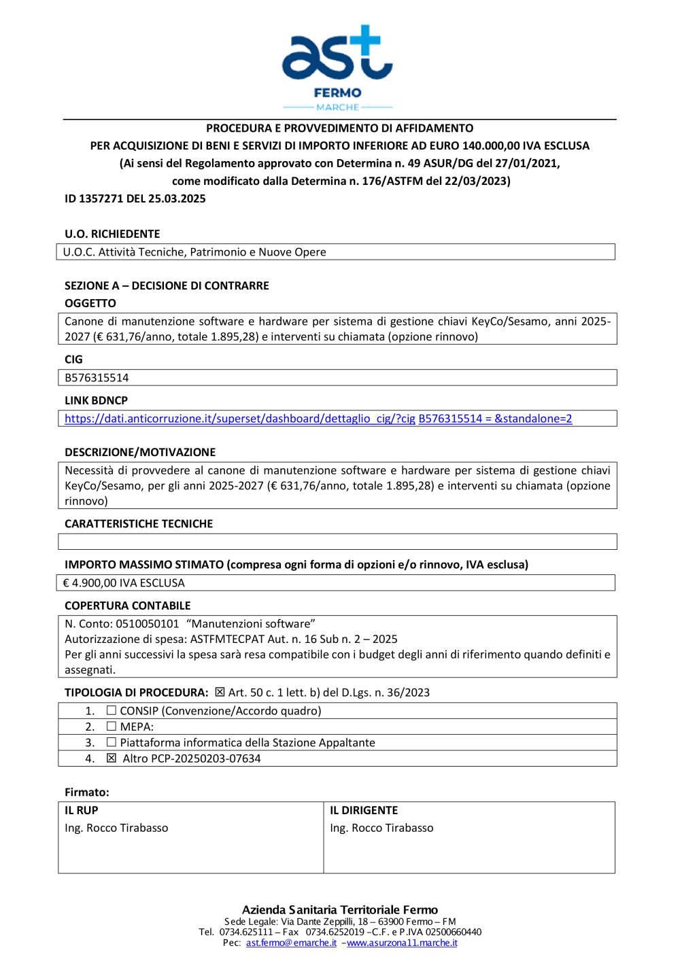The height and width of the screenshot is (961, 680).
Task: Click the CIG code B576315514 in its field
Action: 97,378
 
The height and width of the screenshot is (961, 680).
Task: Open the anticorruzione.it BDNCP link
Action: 318,419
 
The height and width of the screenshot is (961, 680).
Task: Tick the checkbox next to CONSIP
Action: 112,710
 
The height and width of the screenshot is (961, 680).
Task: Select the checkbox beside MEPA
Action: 112,726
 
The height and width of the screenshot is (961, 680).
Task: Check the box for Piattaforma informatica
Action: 112,742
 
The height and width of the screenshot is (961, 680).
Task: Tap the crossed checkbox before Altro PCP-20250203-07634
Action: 112,758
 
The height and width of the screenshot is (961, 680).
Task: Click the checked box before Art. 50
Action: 220,692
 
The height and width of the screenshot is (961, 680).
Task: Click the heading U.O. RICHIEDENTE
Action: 112,234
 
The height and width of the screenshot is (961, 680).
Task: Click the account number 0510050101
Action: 147,624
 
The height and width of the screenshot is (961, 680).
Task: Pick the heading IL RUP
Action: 82,810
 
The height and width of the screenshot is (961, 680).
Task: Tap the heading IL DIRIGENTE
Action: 364,810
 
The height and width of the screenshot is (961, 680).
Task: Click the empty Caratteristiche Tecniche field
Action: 337,542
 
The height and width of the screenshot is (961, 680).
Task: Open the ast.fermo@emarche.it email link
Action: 291,943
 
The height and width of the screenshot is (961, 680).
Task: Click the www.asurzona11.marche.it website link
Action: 402,943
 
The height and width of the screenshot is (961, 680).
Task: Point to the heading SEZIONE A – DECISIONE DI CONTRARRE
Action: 167,285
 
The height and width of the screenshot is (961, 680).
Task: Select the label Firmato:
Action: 87,792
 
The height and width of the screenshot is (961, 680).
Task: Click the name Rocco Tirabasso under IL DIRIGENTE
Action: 392,828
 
